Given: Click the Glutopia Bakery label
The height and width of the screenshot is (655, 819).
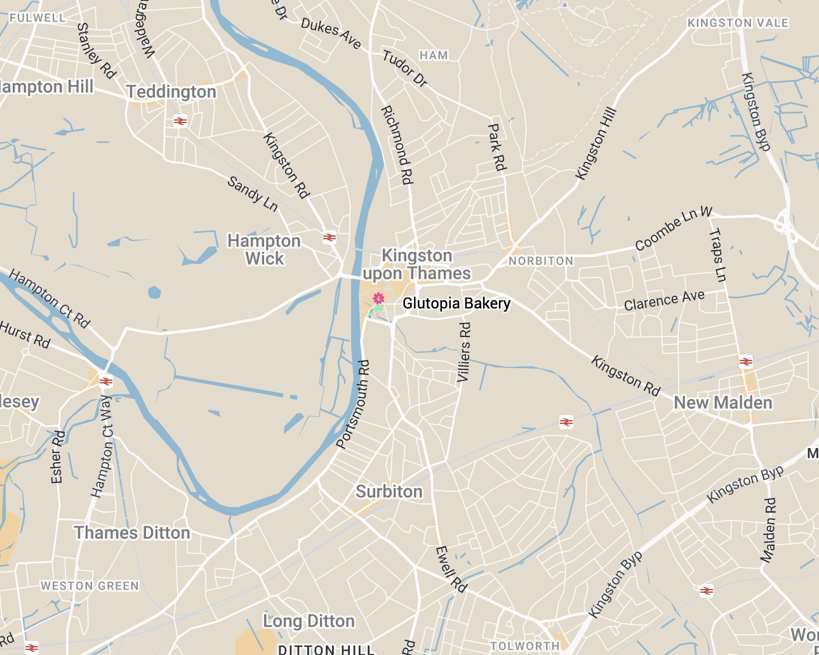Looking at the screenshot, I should click(x=456, y=303).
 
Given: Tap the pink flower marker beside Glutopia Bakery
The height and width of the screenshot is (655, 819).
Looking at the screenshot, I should click(x=378, y=298).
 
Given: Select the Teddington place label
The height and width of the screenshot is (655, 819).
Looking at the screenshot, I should click(x=171, y=92).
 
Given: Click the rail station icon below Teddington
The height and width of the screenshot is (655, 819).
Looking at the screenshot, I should click(x=180, y=121).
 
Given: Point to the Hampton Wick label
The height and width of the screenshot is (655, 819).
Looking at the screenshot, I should click(x=264, y=249).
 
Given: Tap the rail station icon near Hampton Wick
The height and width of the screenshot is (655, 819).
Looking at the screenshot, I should click(x=329, y=237).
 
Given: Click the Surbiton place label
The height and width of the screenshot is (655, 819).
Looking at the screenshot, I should click(x=389, y=492).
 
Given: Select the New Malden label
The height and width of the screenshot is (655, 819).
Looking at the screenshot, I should click(x=723, y=403).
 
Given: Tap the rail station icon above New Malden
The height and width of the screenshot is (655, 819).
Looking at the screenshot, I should click(x=746, y=362).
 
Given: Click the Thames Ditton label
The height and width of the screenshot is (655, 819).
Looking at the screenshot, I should click(x=132, y=533).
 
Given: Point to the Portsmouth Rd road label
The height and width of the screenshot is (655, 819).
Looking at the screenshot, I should click(x=353, y=404).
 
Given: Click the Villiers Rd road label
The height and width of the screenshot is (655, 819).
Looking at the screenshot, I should click(x=465, y=352).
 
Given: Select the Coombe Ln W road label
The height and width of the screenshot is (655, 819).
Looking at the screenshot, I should click(x=674, y=228).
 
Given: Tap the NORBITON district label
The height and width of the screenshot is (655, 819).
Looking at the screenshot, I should click(x=541, y=261).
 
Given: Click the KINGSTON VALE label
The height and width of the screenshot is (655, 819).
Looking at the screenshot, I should click(x=738, y=23).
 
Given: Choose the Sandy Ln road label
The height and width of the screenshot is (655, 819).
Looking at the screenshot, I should click(x=253, y=194).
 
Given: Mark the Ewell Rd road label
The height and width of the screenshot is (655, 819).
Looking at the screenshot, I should click(x=451, y=569).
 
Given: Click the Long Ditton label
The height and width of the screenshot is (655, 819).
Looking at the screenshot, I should click(x=309, y=621).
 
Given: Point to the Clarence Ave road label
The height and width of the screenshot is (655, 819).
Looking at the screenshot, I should click(x=664, y=300).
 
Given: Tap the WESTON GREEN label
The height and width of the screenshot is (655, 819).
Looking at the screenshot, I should click(x=90, y=586).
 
